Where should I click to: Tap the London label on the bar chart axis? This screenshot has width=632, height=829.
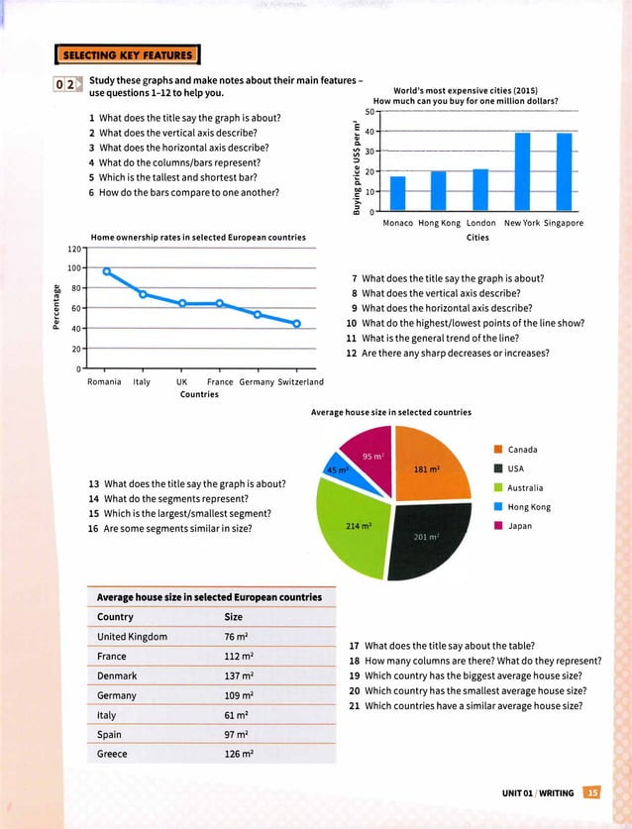(x=480, y=223)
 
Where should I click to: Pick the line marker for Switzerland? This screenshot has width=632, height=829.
(x=296, y=324)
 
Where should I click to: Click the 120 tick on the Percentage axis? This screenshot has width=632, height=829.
(x=73, y=248)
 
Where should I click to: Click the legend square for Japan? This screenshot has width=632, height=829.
(x=500, y=525)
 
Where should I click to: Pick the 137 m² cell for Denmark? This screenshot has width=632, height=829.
(x=241, y=675)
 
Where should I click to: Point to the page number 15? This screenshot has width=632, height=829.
(x=591, y=790)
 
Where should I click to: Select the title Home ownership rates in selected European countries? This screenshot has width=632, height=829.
(x=197, y=237)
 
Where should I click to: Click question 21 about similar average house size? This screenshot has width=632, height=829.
(x=473, y=706)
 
